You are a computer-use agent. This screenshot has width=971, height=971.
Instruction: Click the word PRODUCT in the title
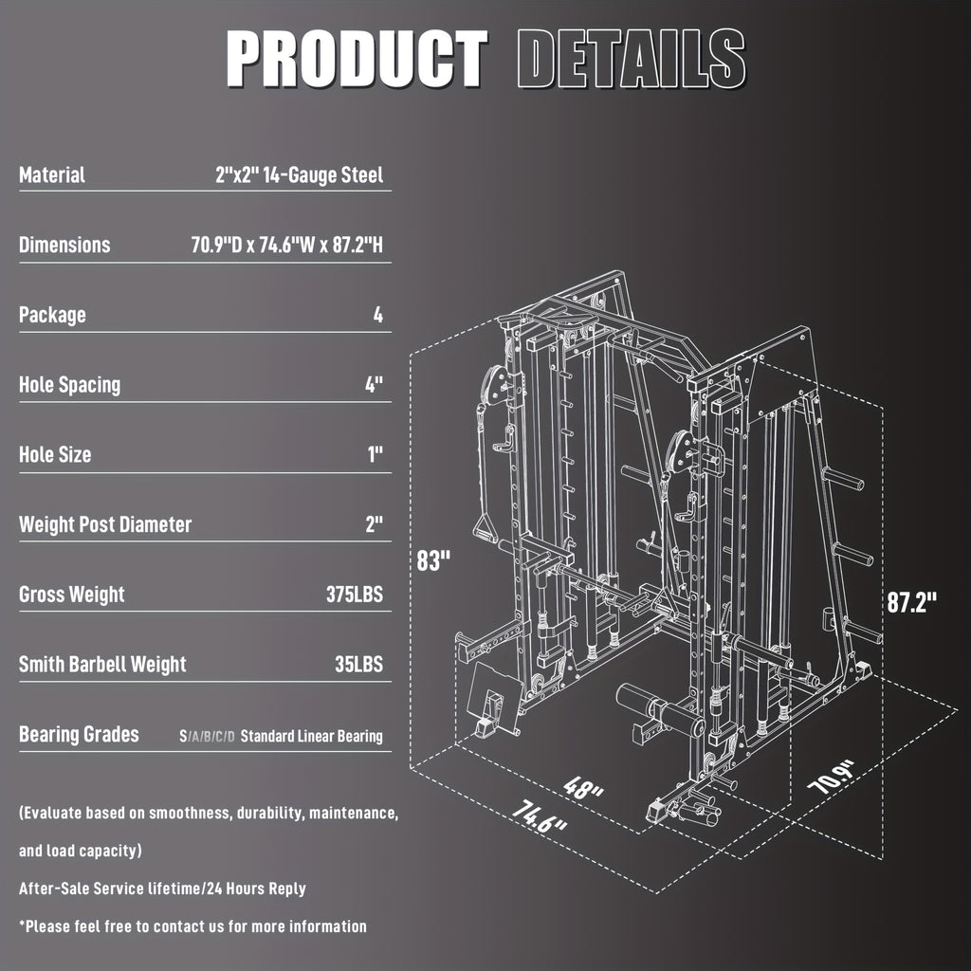click(357, 59)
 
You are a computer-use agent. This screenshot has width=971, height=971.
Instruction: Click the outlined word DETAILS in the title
click(632, 59)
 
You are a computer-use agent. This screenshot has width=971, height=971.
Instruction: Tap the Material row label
click(52, 175)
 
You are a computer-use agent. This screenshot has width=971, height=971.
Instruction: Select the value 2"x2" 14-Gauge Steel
click(299, 175)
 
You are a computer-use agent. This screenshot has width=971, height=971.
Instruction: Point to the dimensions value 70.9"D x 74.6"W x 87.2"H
click(287, 246)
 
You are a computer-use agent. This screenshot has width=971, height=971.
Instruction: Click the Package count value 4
click(378, 316)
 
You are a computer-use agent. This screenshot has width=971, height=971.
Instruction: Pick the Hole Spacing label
click(69, 385)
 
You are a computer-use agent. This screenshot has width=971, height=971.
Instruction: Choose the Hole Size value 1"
click(376, 455)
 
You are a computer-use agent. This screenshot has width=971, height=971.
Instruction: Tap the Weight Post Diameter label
click(105, 524)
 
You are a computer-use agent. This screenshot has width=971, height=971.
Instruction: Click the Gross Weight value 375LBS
click(354, 595)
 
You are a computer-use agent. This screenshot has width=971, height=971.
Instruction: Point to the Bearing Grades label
click(79, 735)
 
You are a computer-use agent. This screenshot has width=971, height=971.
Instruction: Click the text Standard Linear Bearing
click(312, 736)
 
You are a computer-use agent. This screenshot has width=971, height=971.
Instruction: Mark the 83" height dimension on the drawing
click(432, 560)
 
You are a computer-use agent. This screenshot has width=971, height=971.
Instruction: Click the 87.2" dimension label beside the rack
click(912, 603)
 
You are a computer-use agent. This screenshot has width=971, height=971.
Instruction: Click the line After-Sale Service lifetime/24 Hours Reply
click(162, 889)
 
